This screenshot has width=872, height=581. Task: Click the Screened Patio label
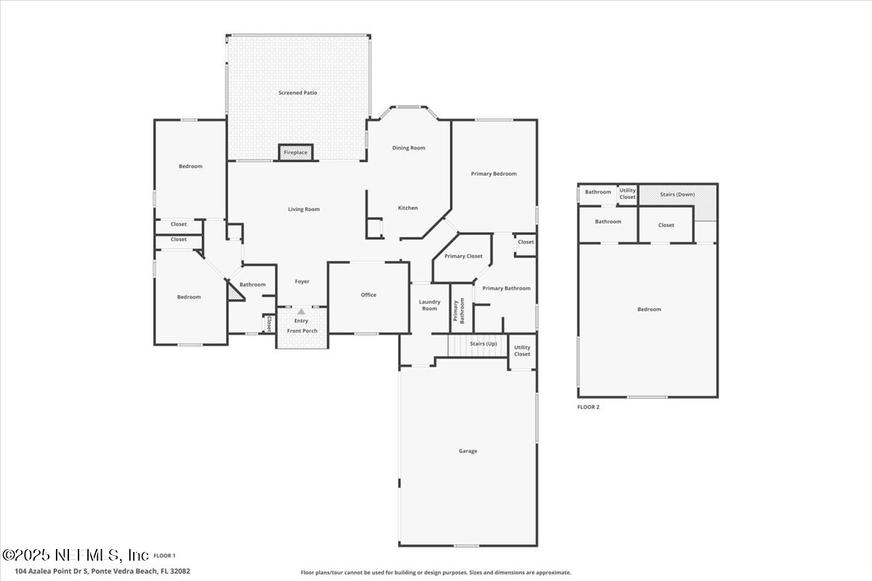tap(298, 93)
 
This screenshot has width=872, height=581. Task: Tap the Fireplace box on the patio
tap(296, 153)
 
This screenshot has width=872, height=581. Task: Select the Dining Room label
tap(408, 148)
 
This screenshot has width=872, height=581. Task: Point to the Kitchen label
tap(408, 208)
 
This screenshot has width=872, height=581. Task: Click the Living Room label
tap(304, 209)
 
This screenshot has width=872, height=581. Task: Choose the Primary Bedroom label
tap(493, 174)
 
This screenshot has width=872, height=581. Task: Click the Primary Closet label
tap(464, 256)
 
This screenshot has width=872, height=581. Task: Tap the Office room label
tap(368, 295)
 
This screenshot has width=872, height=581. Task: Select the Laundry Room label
tap(429, 305)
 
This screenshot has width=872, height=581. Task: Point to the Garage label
tap(468, 451)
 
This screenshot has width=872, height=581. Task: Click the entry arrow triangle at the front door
tap(301, 312)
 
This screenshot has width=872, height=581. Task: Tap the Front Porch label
tap(301, 331)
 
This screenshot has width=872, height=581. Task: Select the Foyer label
tap(302, 282)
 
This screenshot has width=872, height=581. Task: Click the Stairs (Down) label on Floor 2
tap(677, 195)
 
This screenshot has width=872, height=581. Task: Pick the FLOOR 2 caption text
tap(589, 407)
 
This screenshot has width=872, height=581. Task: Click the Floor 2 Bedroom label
tap(649, 309)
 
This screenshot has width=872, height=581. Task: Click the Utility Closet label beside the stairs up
tap(522, 351)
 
